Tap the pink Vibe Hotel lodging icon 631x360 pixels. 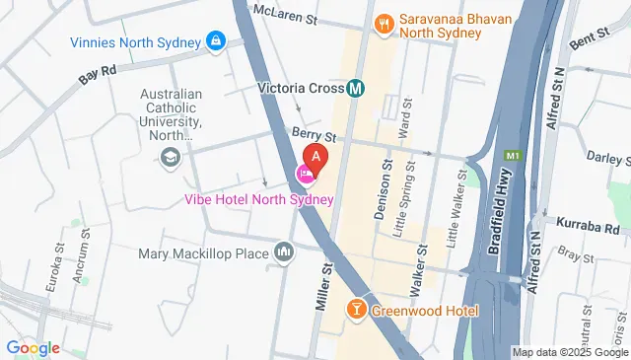[x=306, y=176]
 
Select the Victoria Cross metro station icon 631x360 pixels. [x=356, y=87]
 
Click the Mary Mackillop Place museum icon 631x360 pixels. [x=285, y=253]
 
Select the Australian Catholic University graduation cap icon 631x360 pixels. [x=171, y=157]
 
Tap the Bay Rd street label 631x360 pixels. [x=100, y=73]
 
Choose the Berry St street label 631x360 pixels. [x=314, y=135]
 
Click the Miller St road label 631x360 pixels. [x=323, y=286]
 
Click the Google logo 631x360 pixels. [x=34, y=347]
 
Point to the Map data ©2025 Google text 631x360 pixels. [x=570, y=352]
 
